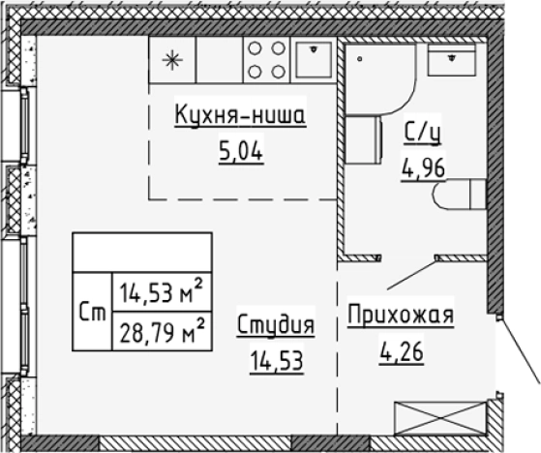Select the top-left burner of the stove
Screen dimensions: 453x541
pyautogui.click(x=255, y=48)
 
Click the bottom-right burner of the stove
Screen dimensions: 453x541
pyautogui.click(x=276, y=70)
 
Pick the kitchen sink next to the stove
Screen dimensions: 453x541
pyautogui.click(x=313, y=60)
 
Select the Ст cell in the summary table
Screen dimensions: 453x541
pyautogui.click(x=93, y=312)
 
